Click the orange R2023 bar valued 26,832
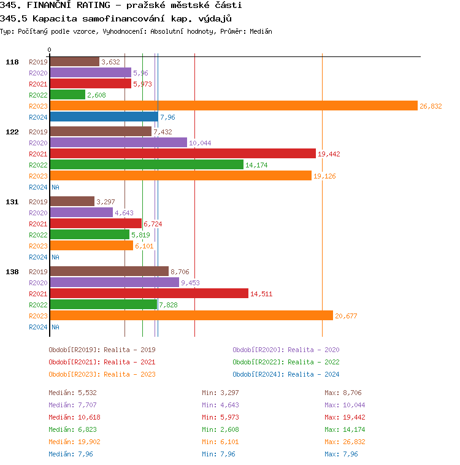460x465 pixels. point(233,106)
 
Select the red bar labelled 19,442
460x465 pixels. point(183,153)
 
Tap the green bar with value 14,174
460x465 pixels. point(147,164)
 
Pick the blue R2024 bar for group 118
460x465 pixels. point(104,117)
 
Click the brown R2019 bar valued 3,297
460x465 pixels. point(72,201)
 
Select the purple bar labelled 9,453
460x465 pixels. point(114,282)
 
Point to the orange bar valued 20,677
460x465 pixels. point(191,315)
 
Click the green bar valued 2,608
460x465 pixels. point(67,94)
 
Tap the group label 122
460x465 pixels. point(12,131)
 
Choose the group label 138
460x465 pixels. point(12,271)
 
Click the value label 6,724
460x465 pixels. point(153,224)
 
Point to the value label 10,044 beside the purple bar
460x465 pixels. point(200,143)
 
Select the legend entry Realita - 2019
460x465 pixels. point(102,350)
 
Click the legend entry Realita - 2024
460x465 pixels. point(286,374)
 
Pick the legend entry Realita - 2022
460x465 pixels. point(286,362)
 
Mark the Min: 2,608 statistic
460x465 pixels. point(218,429)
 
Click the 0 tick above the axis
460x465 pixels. point(50,50)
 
